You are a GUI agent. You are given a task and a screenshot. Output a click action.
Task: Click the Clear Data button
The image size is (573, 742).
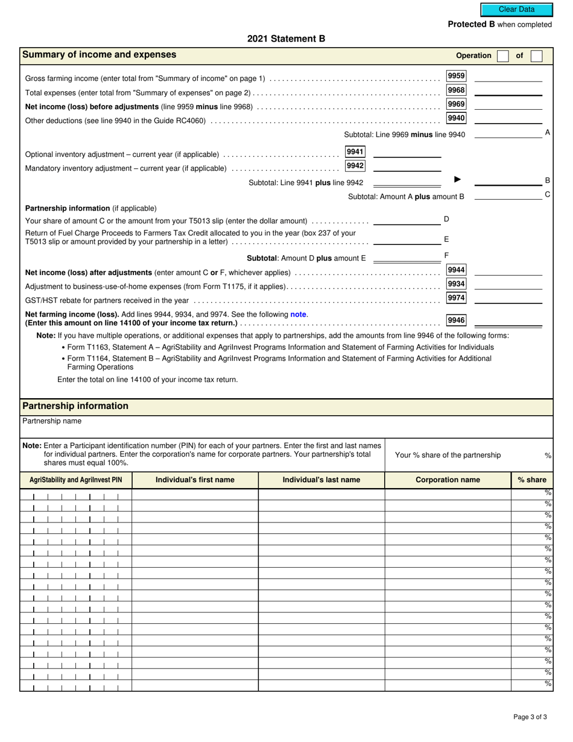pos(516,10)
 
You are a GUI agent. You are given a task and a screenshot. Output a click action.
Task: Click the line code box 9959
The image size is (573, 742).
pos(456,76)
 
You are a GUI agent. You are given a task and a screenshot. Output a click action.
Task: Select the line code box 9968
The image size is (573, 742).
pos(456,90)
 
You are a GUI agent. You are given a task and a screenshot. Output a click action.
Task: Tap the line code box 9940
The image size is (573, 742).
pos(456,118)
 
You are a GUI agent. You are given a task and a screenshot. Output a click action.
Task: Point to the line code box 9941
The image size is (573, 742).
pos(355,152)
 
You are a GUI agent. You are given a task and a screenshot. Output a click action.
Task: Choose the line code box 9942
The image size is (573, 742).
pos(355,166)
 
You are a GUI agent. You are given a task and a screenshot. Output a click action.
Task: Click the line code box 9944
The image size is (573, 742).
pos(456,270)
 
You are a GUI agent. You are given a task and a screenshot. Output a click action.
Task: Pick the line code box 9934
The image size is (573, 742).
pos(456,284)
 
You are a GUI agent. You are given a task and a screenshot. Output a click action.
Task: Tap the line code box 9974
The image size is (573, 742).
pos(456,298)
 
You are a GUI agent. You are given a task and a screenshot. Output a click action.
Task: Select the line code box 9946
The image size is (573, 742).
pos(456,320)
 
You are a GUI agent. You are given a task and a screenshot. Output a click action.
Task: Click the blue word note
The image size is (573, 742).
pos(299,314)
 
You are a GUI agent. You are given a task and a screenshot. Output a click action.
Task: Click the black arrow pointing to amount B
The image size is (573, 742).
pos(457,179)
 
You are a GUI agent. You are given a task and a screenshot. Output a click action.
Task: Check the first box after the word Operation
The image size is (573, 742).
pos(502,56)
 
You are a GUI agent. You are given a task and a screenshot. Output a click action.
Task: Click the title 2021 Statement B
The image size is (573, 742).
pos(286,39)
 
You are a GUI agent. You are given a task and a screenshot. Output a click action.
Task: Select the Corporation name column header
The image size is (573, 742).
pos(448,480)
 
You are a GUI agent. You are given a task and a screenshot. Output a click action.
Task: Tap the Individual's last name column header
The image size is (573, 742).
pos(321,480)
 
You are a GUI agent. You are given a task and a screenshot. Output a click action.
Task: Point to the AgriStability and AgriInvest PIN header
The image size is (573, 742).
pos(76,480)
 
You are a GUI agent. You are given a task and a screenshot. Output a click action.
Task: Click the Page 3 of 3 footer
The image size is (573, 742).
pos(530,717)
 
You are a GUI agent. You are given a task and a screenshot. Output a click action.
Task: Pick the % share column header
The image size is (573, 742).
pos(531,480)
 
